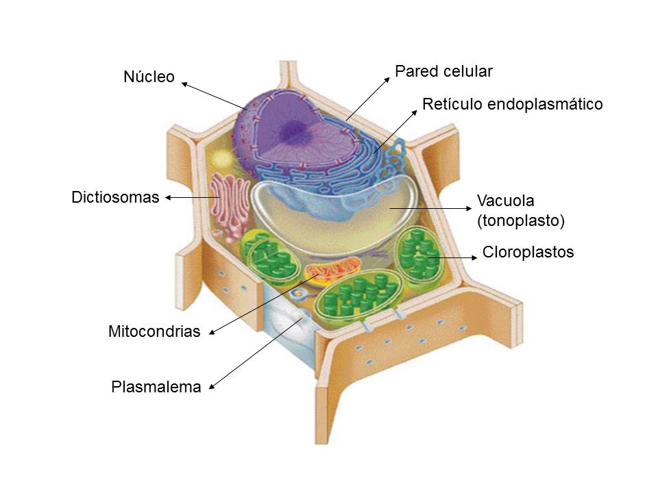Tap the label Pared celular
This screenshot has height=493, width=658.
444,71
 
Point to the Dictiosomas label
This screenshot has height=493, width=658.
115,198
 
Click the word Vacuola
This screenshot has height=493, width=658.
505,201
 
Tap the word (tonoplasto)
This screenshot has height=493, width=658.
520,220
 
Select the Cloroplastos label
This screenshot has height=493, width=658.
528,252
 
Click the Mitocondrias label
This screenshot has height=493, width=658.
154,332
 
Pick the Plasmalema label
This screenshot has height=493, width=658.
156,388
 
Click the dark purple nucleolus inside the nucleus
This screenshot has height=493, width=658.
296,127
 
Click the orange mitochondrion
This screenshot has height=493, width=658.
332,270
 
